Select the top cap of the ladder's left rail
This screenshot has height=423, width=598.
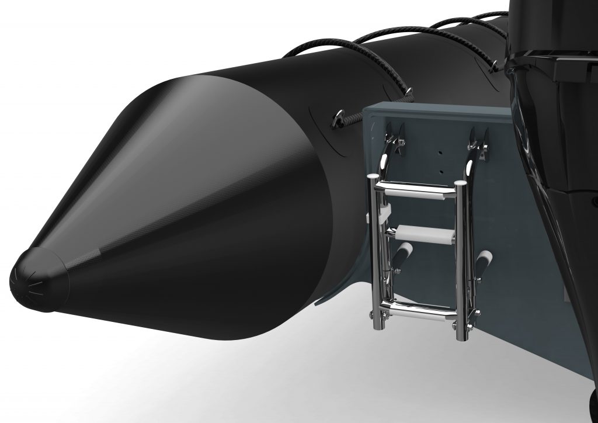point(374,178)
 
